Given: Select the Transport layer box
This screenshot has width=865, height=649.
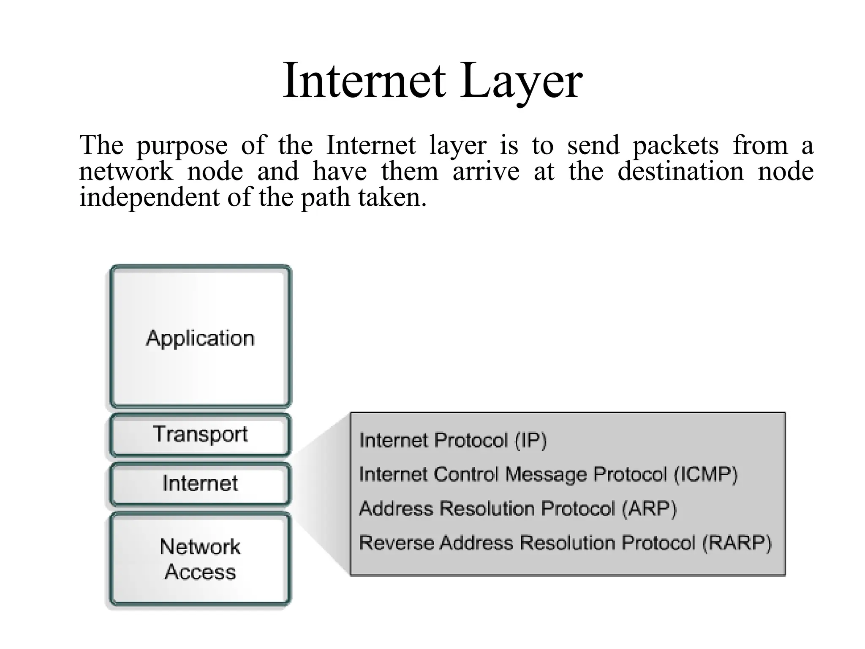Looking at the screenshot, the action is (x=200, y=435).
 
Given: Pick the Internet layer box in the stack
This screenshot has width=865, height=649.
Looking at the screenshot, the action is (x=200, y=483).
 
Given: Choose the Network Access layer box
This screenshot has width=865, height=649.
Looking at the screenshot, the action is (x=200, y=559).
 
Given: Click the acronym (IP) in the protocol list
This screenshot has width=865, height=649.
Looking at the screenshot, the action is (x=530, y=441).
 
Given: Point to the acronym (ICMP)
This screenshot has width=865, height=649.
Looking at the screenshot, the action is (x=706, y=474).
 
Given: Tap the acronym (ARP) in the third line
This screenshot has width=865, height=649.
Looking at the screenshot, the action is (x=649, y=509).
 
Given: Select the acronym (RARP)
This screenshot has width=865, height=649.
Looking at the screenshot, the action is (x=737, y=543).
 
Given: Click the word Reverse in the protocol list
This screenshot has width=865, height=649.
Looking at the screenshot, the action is (x=396, y=543).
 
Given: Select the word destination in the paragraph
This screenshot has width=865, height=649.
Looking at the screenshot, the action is (x=680, y=171).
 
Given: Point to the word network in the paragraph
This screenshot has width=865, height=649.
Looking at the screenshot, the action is (x=126, y=172).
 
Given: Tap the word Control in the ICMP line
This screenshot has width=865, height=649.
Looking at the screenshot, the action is (x=466, y=474).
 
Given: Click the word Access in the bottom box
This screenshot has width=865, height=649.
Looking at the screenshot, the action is (x=200, y=572).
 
